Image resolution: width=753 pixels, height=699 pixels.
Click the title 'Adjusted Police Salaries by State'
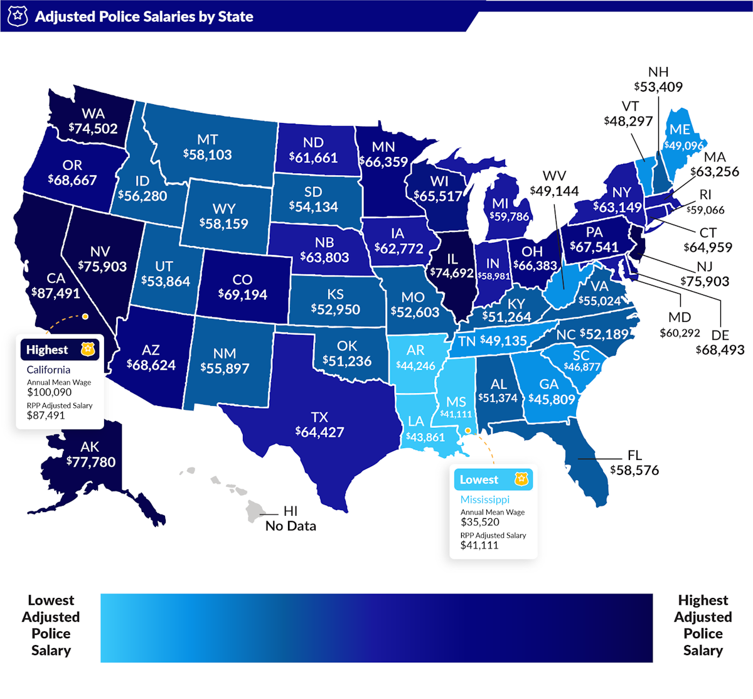pos(144,16)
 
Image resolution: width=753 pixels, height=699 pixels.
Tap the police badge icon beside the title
pos(18,16)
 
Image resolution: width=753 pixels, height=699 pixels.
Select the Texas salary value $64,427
pos(319,432)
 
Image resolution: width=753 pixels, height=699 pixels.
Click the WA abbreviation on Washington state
pos(93,114)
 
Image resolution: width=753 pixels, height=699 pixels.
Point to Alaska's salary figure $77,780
pos(91,462)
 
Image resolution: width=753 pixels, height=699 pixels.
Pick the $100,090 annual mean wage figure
pos(49,392)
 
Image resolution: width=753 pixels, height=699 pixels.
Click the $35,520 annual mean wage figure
pos(480,522)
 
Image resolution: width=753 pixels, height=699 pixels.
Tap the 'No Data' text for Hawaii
pos(291,526)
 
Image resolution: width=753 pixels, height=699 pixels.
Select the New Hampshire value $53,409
pos(658,87)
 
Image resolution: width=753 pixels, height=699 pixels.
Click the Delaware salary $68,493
pos(720,349)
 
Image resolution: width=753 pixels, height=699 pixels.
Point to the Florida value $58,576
pos(634,470)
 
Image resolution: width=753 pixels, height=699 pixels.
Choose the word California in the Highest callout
pos(48,370)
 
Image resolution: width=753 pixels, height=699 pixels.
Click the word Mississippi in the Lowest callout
pos(485,499)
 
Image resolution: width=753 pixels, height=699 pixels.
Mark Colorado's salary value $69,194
pos(242,294)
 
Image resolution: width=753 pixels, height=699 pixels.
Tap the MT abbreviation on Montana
pos(208,139)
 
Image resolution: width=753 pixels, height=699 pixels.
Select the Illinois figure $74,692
pos(452,273)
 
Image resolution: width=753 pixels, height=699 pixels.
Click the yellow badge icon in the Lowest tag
pos(521,479)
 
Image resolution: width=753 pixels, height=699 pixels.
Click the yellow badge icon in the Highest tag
pos(87,349)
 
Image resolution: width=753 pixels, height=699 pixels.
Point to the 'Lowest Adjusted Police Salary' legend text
pos(51,626)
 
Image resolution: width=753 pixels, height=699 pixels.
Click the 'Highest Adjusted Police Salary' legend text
pos(703,626)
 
